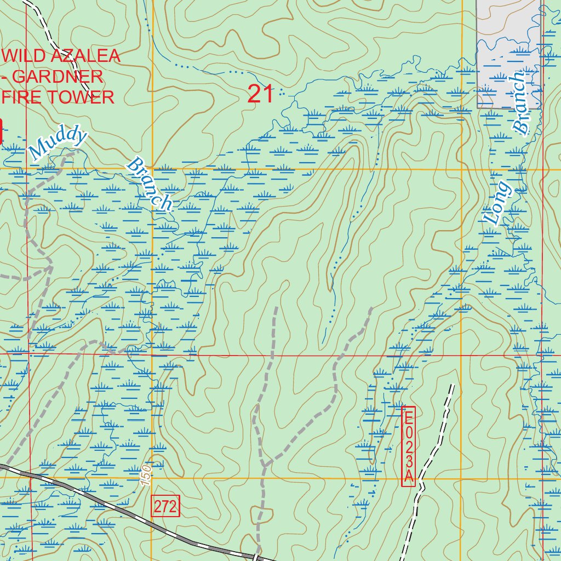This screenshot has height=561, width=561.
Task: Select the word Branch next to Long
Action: pyautogui.click(x=519, y=104)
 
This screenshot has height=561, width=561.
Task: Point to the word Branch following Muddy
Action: pyautogui.click(x=150, y=184)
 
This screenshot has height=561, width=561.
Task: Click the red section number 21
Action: pyautogui.click(x=260, y=94)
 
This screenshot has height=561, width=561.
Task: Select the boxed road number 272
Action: pyautogui.click(x=165, y=507)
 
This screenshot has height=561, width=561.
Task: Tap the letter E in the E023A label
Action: pyautogui.click(x=409, y=417)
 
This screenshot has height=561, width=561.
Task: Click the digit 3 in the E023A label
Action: pyautogui.click(x=409, y=464)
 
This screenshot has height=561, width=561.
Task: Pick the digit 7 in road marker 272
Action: pyautogui.click(x=165, y=507)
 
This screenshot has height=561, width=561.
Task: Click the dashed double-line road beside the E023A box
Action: pyautogui.click(x=438, y=438)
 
